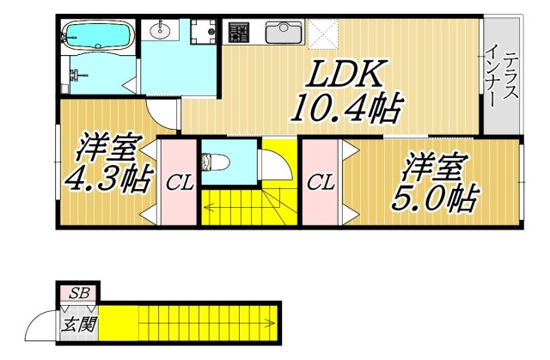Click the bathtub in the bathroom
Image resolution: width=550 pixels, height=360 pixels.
95,37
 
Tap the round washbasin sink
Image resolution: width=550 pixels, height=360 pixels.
161,31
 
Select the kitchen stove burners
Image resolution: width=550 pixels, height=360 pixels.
238,33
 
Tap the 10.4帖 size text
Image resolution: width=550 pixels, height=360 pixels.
336,109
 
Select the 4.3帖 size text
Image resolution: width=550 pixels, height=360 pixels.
106,179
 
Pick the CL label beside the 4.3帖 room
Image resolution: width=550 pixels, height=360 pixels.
179,182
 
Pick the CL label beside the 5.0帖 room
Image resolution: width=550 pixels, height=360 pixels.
321,182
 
